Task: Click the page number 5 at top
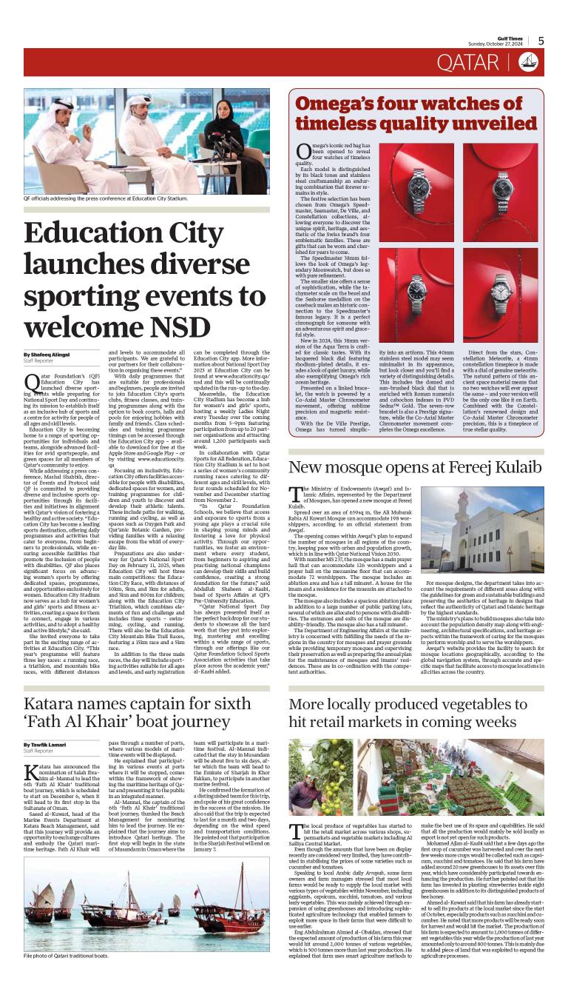[541, 41]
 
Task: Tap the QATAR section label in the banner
[467, 63]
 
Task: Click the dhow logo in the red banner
[527, 63]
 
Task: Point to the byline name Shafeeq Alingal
[49, 355]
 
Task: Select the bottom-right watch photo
[501, 295]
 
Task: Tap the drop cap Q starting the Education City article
[31, 383]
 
